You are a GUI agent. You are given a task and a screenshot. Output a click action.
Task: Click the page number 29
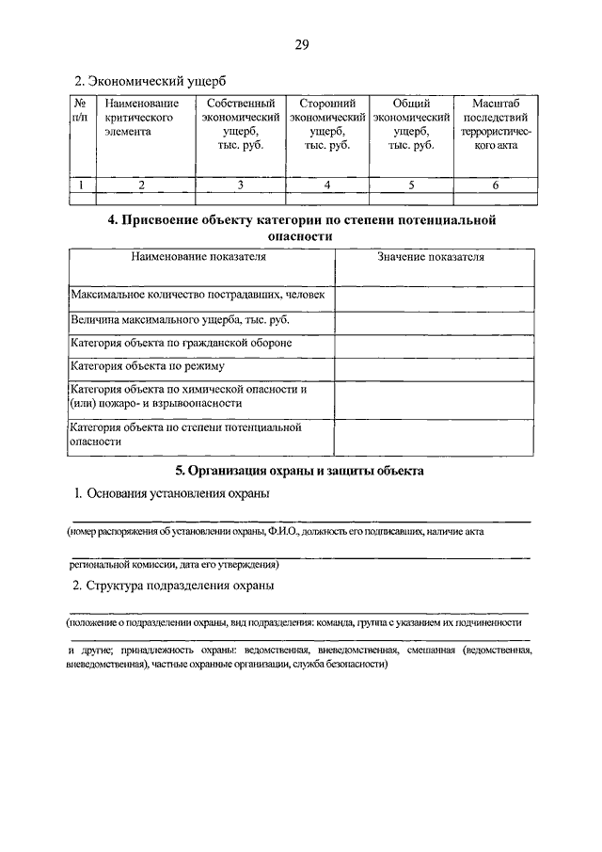[x=301, y=45]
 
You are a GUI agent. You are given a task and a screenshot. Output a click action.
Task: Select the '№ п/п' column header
[x=81, y=110]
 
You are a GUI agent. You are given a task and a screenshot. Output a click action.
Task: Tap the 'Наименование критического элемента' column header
[x=141, y=118]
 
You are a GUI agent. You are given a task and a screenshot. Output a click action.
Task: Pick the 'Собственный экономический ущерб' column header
[x=241, y=124]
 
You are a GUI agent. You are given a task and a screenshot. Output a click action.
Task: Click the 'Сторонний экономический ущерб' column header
[x=326, y=124]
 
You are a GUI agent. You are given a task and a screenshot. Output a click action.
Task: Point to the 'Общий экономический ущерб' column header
[x=411, y=124]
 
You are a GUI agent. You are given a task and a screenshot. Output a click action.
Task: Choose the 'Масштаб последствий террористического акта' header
[x=496, y=124]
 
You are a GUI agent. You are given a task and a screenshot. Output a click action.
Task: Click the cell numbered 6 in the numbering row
[x=496, y=185]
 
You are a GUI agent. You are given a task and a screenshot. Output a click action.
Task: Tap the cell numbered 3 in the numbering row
[x=241, y=185]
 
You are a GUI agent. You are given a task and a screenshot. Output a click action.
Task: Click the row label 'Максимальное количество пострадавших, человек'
[x=198, y=296]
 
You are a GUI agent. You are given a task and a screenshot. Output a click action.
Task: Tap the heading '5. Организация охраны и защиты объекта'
[x=301, y=469]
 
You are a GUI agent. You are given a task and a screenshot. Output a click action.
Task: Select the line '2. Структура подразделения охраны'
[x=175, y=586]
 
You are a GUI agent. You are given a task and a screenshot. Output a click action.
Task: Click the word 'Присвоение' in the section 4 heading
[x=162, y=220]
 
